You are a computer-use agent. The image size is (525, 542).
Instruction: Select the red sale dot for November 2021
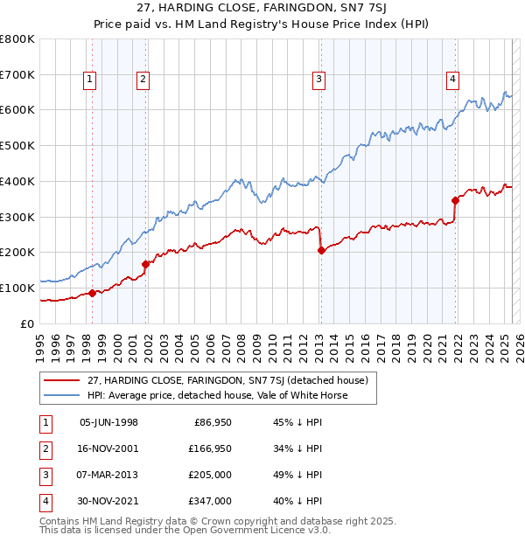point(456,199)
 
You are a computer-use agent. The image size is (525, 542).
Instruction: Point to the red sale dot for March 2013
point(321,250)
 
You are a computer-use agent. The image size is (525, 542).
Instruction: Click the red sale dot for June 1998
point(92,293)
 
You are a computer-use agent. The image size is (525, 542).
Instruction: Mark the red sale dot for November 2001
point(146,264)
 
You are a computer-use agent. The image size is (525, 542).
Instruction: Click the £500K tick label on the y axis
point(17,145)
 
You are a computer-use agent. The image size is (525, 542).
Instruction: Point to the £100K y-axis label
point(17,288)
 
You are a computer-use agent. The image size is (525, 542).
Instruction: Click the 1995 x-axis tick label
point(39,341)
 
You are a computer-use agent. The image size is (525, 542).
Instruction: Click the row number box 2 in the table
point(43,448)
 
